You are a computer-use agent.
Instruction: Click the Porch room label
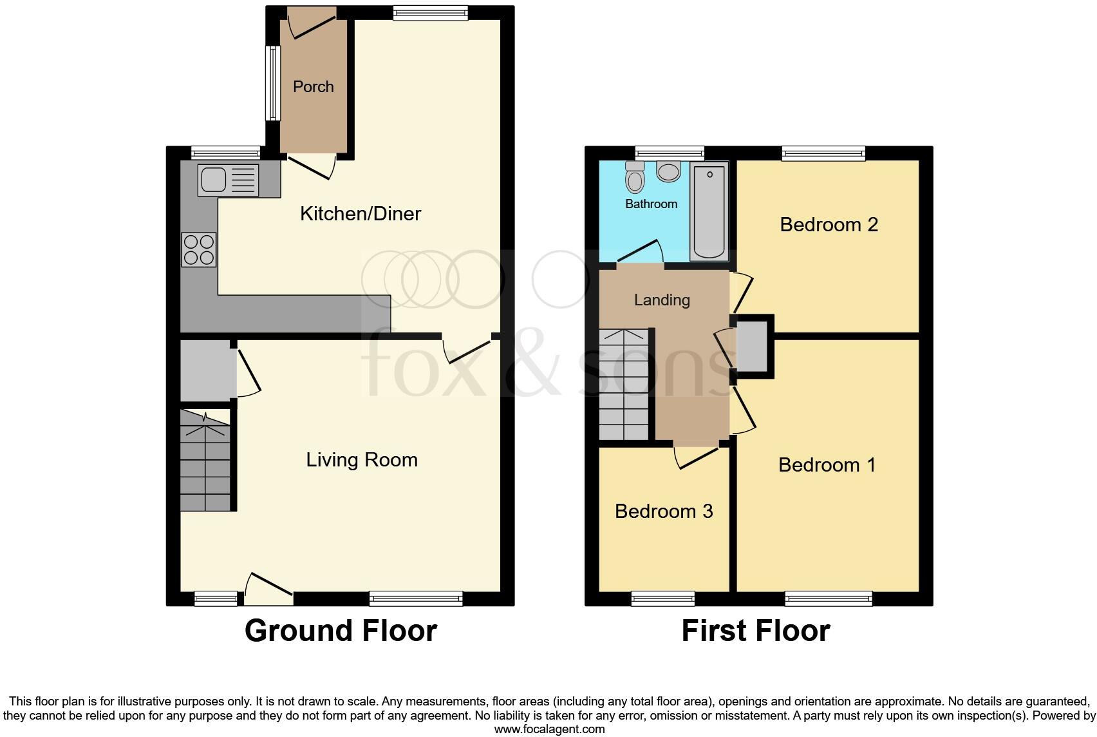pyautogui.click(x=314, y=86)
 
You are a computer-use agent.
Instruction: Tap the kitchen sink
pyautogui.click(x=229, y=179)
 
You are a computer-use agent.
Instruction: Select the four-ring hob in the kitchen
pyautogui.click(x=199, y=249)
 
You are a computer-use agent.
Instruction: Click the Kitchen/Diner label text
pyautogui.click(x=361, y=214)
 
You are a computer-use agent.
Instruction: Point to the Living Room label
pyautogui.click(x=362, y=460)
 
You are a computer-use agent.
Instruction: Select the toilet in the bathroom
pyautogui.click(x=635, y=177)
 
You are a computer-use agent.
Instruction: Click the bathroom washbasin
pyautogui.click(x=669, y=171)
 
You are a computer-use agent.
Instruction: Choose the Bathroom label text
pyautogui.click(x=651, y=204)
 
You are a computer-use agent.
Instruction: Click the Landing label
pyautogui.click(x=662, y=300)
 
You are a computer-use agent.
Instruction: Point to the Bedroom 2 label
pyautogui.click(x=829, y=225)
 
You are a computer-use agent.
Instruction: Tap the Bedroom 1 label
pyautogui.click(x=827, y=465)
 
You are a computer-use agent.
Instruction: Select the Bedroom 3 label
pyautogui.click(x=664, y=512)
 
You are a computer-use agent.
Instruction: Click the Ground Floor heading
pyautogui.click(x=341, y=630)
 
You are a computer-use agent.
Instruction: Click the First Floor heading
pyautogui.click(x=756, y=630)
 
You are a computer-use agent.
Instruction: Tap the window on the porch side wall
pyautogui.click(x=274, y=84)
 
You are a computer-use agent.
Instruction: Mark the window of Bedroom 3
pyautogui.click(x=663, y=598)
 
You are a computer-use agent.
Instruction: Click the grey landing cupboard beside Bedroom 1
pyautogui.click(x=752, y=347)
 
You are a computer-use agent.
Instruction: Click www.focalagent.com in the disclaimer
pyautogui.click(x=549, y=729)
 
